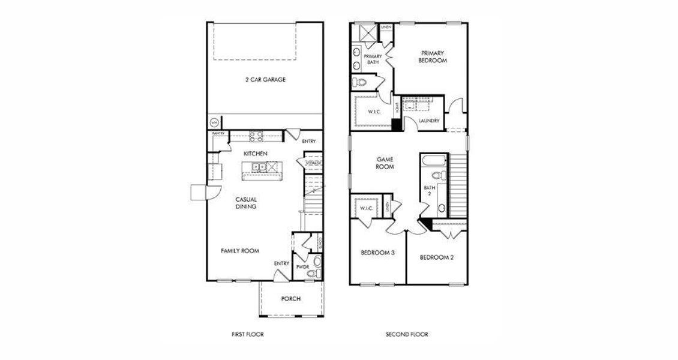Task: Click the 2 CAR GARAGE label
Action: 265,79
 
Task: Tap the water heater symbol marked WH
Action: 214,122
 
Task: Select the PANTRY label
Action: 218,134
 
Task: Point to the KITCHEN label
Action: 255,154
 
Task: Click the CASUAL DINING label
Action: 246,203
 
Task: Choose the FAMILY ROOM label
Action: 239,251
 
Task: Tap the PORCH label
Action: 291,299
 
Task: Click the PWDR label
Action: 302,267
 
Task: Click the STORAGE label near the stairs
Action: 314,163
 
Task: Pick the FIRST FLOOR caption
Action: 248,334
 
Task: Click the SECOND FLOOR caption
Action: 407,334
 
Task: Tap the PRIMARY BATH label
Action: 372,59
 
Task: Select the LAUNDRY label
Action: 429,121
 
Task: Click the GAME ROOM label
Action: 385,163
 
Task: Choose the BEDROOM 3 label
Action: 377,253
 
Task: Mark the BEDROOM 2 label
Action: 436,257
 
